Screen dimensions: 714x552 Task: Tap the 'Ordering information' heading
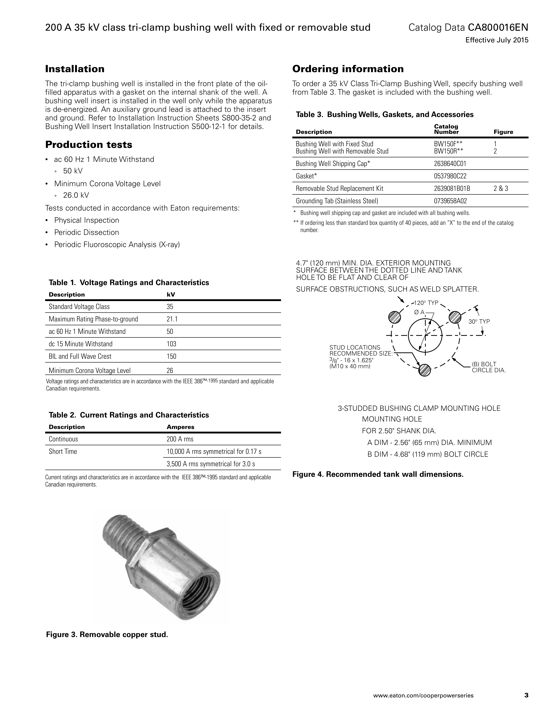[x=348, y=69]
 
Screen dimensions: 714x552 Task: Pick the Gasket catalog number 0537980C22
[x=450, y=176]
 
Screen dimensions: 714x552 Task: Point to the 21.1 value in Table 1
[x=172, y=319]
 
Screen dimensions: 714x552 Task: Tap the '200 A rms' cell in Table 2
[x=180, y=439]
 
